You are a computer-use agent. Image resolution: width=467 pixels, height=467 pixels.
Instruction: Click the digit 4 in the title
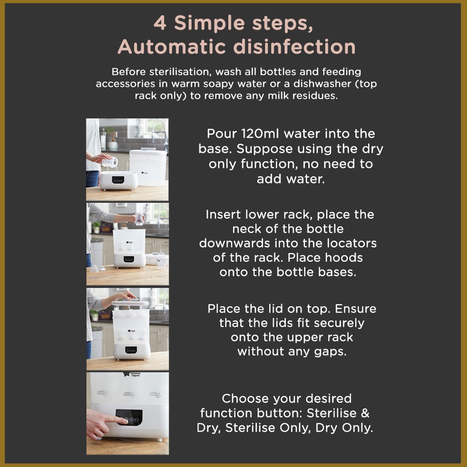(160, 23)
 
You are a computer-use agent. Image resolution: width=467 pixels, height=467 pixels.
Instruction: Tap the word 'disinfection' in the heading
(294, 47)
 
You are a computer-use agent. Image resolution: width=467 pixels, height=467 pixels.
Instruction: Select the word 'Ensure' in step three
(355, 309)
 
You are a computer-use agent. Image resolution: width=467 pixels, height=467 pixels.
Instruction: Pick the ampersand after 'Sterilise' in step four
(365, 413)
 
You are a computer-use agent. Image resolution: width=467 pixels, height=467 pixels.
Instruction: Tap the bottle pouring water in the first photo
(109, 162)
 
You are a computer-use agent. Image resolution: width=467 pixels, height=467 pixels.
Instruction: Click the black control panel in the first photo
(118, 180)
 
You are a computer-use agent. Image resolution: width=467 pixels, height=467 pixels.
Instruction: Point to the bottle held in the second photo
(139, 219)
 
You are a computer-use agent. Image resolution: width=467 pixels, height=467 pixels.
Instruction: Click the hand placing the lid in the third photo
(126, 296)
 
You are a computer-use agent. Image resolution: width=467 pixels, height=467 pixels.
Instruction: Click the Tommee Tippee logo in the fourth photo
(132, 374)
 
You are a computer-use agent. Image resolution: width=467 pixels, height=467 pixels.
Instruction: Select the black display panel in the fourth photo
(129, 417)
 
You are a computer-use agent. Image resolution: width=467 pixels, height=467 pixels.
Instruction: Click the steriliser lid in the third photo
(130, 303)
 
